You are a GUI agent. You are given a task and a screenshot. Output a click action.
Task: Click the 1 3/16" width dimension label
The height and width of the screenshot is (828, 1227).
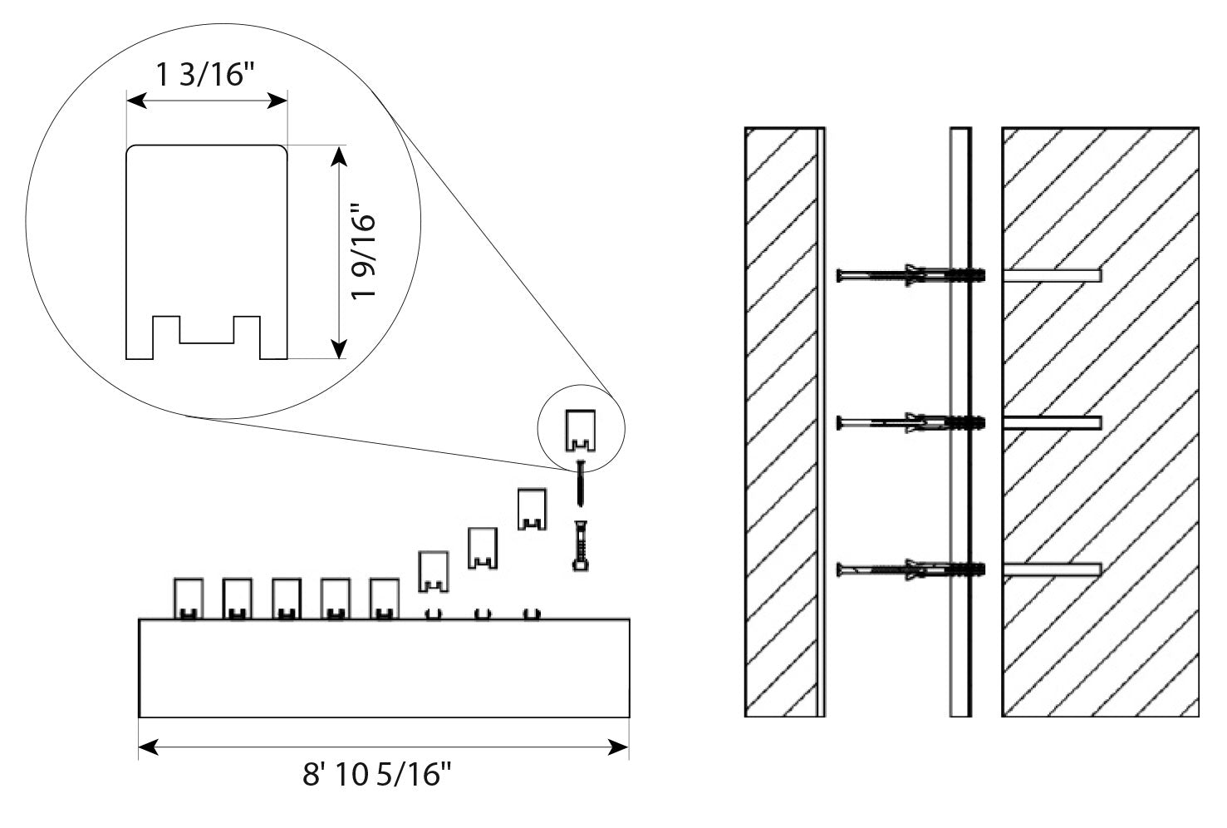(x=205, y=75)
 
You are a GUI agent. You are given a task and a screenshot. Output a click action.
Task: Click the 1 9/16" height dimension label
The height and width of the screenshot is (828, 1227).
(x=364, y=253)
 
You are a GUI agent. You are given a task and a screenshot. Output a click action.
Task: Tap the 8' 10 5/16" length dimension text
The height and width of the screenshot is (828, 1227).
(x=377, y=776)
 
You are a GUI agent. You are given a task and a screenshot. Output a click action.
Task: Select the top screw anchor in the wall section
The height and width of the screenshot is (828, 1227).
(x=911, y=274)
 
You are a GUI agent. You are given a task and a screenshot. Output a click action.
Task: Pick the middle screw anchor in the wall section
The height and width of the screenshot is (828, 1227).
(x=911, y=423)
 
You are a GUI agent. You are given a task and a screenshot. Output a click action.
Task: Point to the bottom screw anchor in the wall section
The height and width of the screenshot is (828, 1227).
(x=911, y=569)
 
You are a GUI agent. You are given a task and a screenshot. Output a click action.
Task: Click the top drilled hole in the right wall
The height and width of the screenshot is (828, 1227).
(x=1052, y=274)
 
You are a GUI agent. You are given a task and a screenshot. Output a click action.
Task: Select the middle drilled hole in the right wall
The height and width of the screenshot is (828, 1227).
(x=1052, y=423)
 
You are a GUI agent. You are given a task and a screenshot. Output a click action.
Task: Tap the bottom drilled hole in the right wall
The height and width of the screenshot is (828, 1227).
(x=1052, y=569)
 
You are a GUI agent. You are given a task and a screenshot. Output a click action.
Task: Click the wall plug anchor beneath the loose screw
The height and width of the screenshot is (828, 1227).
(x=581, y=544)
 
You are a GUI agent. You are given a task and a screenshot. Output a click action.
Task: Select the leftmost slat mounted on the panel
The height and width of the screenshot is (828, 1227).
(x=188, y=598)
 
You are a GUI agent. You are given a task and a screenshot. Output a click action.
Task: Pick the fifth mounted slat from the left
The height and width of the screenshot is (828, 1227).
(x=384, y=598)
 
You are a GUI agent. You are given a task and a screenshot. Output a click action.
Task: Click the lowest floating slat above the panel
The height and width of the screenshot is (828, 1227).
(x=433, y=571)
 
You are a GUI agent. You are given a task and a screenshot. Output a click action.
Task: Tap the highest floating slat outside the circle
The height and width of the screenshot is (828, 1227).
(x=532, y=509)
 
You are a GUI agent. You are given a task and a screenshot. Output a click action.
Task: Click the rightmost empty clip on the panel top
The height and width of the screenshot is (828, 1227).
(x=532, y=614)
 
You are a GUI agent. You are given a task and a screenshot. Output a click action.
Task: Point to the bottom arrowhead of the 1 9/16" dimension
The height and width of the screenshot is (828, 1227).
(x=338, y=349)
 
